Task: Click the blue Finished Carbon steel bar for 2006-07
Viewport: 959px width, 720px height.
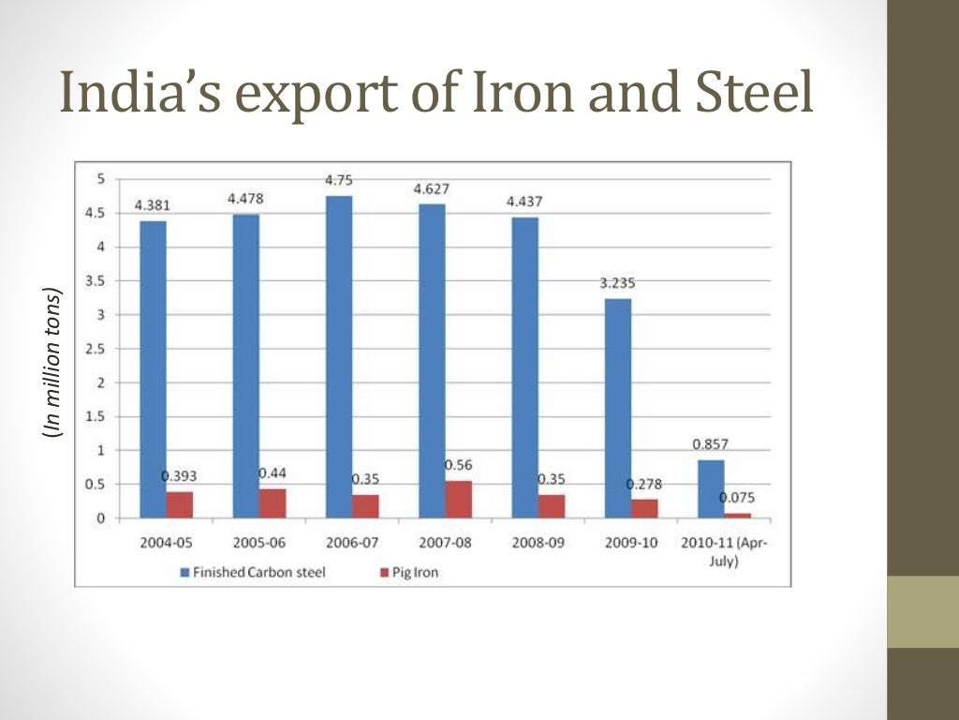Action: click(x=339, y=356)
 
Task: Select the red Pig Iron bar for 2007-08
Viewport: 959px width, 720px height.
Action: click(x=459, y=500)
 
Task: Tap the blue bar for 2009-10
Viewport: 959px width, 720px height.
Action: click(x=618, y=408)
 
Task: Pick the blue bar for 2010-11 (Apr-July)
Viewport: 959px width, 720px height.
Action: click(x=711, y=488)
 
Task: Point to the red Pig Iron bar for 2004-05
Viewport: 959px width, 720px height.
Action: click(x=180, y=504)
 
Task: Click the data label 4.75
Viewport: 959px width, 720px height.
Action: click(x=339, y=180)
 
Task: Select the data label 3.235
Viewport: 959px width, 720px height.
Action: click(x=618, y=282)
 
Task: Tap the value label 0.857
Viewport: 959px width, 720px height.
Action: click(x=711, y=444)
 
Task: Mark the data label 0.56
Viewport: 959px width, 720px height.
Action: click(x=458, y=465)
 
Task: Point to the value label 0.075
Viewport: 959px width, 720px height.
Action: click(x=737, y=498)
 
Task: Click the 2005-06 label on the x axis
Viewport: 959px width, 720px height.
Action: click(x=259, y=543)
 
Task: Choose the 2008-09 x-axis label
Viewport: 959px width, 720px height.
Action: click(x=539, y=543)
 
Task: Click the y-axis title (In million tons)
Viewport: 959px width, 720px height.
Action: click(x=53, y=362)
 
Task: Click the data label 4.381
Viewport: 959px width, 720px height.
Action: click(x=153, y=205)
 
